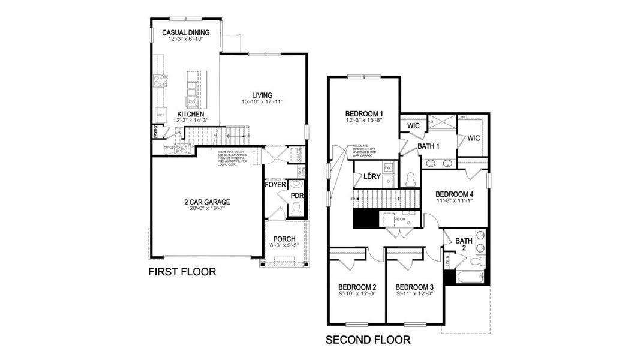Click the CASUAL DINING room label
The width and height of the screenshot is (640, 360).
coord(185,32)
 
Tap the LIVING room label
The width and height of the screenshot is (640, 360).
coord(262,95)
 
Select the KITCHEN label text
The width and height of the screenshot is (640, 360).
coord(190,114)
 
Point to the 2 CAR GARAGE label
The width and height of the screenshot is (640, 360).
coord(206,202)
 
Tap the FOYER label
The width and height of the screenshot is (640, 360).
coord(276,185)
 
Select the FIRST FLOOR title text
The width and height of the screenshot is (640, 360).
coord(182,272)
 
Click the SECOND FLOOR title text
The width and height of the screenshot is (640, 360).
coord(368,340)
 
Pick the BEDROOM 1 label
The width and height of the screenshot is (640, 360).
coord(364,113)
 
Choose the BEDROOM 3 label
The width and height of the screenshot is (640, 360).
coord(414,287)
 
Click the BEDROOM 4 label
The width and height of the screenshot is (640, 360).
coord(455,194)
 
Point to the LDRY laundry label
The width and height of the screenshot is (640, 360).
coord(372,176)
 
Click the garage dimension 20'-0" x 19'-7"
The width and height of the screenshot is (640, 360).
coord(206,209)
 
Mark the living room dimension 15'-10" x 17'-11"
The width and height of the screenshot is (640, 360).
coord(262,102)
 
